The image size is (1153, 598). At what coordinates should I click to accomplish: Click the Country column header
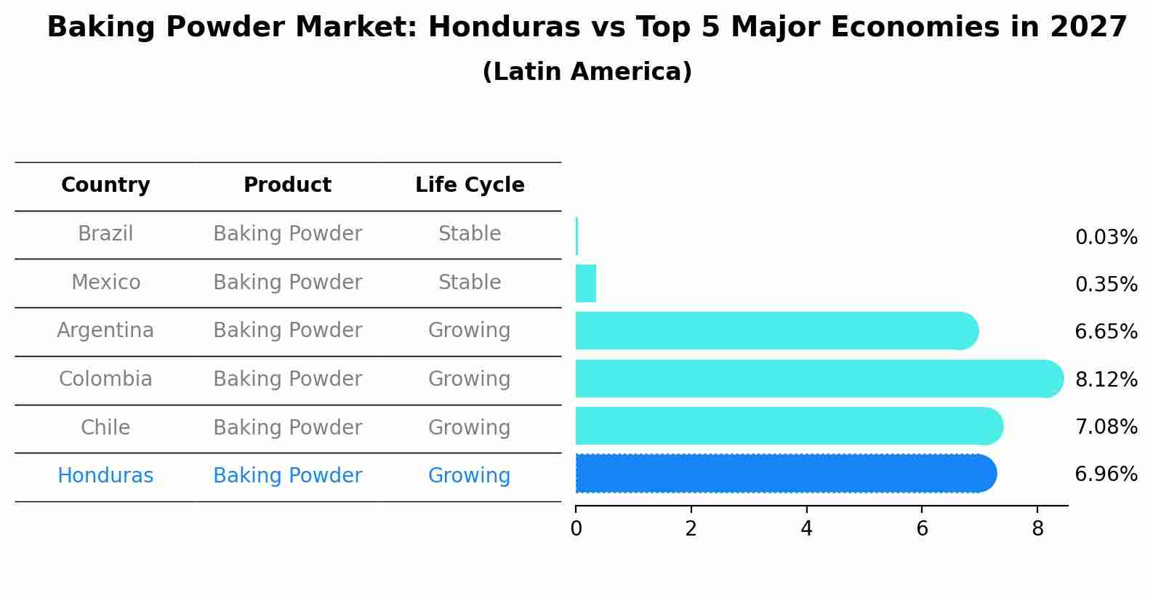click(105, 185)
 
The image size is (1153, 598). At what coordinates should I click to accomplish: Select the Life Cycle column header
click(470, 185)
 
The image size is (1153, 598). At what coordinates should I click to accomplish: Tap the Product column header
click(287, 185)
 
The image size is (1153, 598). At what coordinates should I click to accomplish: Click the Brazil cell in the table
click(105, 234)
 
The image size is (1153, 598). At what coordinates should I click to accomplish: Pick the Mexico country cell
click(105, 283)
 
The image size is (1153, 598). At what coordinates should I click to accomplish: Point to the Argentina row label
click(105, 331)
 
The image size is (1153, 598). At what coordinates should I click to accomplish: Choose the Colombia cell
click(105, 379)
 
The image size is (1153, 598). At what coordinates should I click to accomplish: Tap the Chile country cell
click(105, 428)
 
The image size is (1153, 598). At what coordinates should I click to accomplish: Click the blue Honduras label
click(105, 476)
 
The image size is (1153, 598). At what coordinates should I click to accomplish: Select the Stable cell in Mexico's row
click(470, 283)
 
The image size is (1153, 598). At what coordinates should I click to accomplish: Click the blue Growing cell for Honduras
click(470, 476)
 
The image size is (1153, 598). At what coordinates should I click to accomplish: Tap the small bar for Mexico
click(586, 283)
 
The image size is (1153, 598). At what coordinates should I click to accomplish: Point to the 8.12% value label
click(1106, 379)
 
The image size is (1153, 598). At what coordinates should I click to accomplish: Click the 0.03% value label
click(1106, 238)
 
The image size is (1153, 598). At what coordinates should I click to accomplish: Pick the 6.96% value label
click(1106, 474)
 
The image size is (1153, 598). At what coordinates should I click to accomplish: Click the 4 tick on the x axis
click(806, 529)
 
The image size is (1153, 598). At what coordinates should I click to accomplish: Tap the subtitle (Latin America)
click(587, 72)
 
